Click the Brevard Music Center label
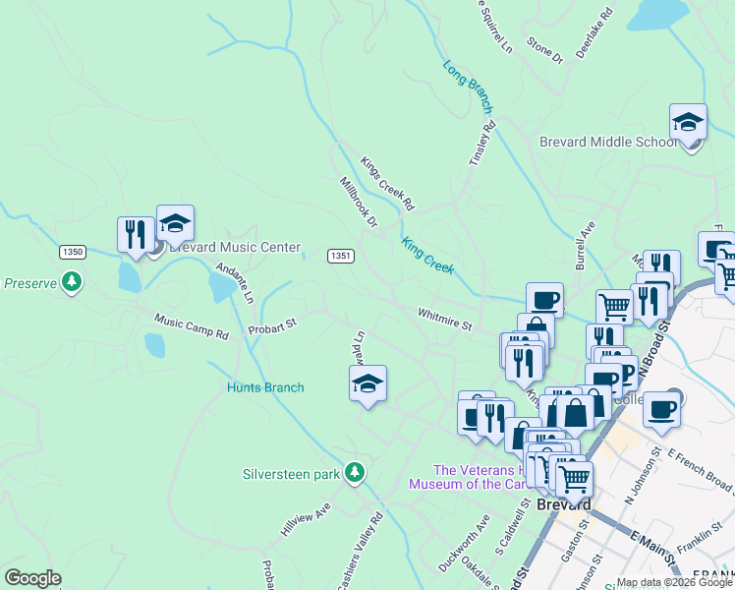point(234,248)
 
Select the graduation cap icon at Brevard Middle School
point(688,123)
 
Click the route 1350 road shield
point(72,252)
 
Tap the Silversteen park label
point(291,474)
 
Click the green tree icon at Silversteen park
point(355,474)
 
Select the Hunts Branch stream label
point(265,387)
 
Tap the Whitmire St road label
point(445,319)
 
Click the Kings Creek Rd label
point(387,184)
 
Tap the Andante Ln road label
point(235,283)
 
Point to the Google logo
point(31,578)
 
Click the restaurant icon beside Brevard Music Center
point(136,233)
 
